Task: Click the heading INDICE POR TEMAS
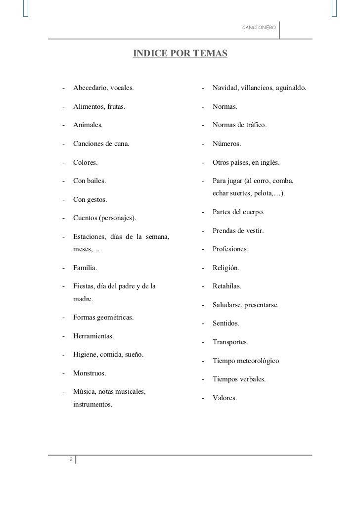point(180,53)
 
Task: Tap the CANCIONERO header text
point(259,26)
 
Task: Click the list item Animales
point(88,125)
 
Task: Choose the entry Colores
point(86,162)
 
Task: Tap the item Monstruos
point(90,373)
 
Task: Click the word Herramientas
point(93,336)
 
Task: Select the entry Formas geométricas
point(103,317)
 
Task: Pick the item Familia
point(85,268)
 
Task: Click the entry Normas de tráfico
point(239,125)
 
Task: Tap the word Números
point(226,144)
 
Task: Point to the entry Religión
point(226,268)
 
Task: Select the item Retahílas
point(227,286)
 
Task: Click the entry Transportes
point(230,342)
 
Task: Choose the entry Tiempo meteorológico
point(246,361)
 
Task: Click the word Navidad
point(225,88)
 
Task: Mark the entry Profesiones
point(230,249)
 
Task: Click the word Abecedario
point(90,88)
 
